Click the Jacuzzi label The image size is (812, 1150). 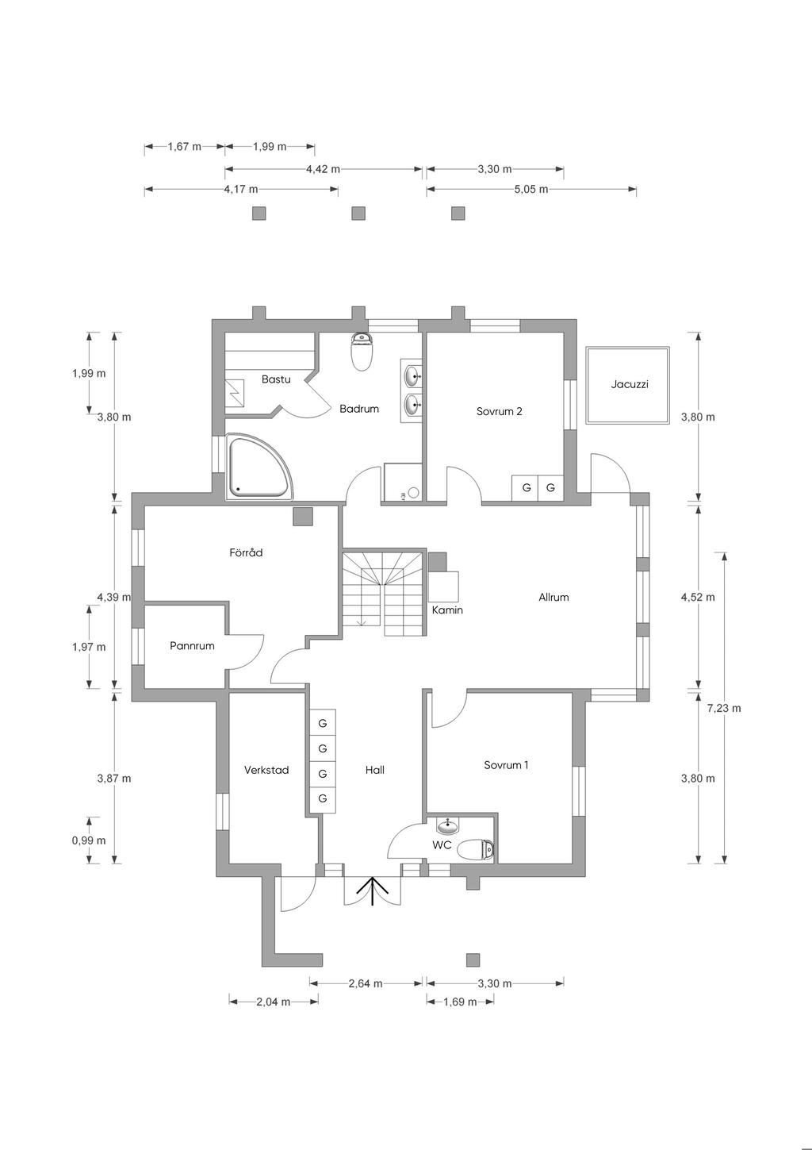[x=630, y=384]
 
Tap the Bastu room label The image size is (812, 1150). [x=276, y=379]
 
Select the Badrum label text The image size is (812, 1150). [x=359, y=409]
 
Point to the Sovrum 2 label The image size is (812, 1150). [x=499, y=411]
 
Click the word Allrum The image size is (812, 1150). [x=553, y=597]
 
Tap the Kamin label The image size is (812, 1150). [x=447, y=610]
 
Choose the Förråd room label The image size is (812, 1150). [x=246, y=552]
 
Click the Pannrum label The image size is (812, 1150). [x=192, y=646]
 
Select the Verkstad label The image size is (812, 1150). [x=266, y=770]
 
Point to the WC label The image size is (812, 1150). [x=442, y=844]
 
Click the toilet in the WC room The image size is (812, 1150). [x=475, y=851]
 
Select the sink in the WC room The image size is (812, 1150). [x=448, y=826]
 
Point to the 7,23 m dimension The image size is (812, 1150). [x=724, y=709]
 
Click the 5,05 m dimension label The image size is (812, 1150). [x=531, y=189]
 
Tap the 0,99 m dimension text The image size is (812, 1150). [x=89, y=840]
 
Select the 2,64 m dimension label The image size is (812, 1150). [x=366, y=983]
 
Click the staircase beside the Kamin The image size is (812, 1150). [x=384, y=593]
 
